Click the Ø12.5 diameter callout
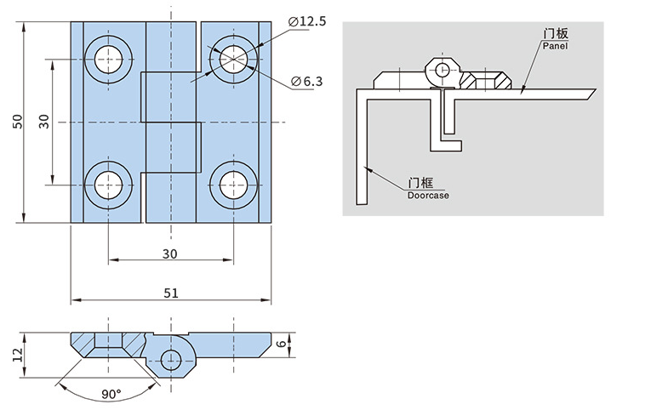coord(307,20)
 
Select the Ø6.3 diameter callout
coord(307,82)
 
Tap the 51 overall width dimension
coord(171,293)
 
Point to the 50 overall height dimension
coord(17,122)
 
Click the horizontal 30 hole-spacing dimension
coord(170,254)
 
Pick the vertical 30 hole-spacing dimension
coord(44,122)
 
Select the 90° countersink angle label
coord(111,394)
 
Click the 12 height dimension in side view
coord(17,356)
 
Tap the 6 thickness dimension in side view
coord(281,344)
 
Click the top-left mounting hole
coord(108,60)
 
